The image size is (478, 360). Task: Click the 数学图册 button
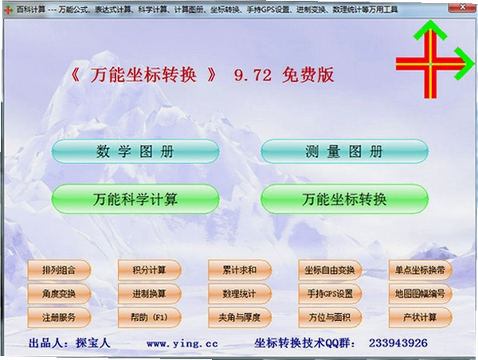coord(135,151)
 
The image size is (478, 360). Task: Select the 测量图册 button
coord(344,151)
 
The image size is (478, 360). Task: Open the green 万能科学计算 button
coord(135,199)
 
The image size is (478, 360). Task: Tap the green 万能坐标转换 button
coord(344,199)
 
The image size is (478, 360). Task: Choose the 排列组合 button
coord(59,270)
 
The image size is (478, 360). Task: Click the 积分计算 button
coord(150,270)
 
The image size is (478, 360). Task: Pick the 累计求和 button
coord(240,270)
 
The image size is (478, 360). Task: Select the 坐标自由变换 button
coord(330,270)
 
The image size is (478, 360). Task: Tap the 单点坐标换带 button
coord(420,270)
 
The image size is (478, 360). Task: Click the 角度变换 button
coord(59,294)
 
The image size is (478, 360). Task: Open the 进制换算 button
coord(150,294)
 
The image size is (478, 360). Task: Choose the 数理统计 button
coord(240,294)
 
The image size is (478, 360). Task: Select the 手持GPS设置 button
coord(330,294)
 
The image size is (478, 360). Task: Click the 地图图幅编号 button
coord(420,294)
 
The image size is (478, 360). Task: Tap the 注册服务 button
coord(59,318)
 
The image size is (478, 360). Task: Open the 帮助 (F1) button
coord(150,318)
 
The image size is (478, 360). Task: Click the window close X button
coord(462,7)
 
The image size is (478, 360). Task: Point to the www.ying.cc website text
coord(182,344)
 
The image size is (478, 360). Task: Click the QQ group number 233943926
coord(398,343)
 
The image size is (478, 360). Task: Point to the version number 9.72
coord(253,75)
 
